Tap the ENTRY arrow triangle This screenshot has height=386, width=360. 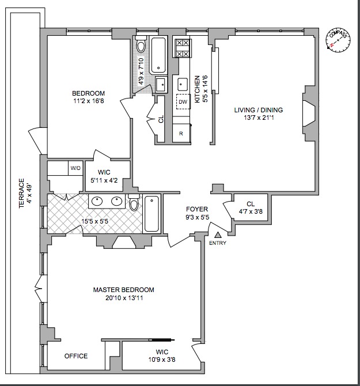click(x=218, y=234)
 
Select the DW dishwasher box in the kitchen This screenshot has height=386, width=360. click(x=183, y=103)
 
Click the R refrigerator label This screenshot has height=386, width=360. click(x=181, y=134)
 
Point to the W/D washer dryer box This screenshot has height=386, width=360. click(x=75, y=168)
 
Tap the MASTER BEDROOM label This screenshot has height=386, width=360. click(x=124, y=290)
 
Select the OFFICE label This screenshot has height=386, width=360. click(x=76, y=356)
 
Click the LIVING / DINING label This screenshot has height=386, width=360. click(x=259, y=110)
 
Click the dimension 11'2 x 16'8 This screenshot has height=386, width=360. click(x=88, y=103)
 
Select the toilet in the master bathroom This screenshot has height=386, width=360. click(x=134, y=203)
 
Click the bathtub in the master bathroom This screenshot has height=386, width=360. click(x=151, y=214)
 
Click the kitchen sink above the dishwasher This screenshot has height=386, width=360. click(x=183, y=83)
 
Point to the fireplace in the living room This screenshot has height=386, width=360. click(x=309, y=112)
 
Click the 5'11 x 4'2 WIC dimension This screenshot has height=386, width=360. click(x=108, y=180)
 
